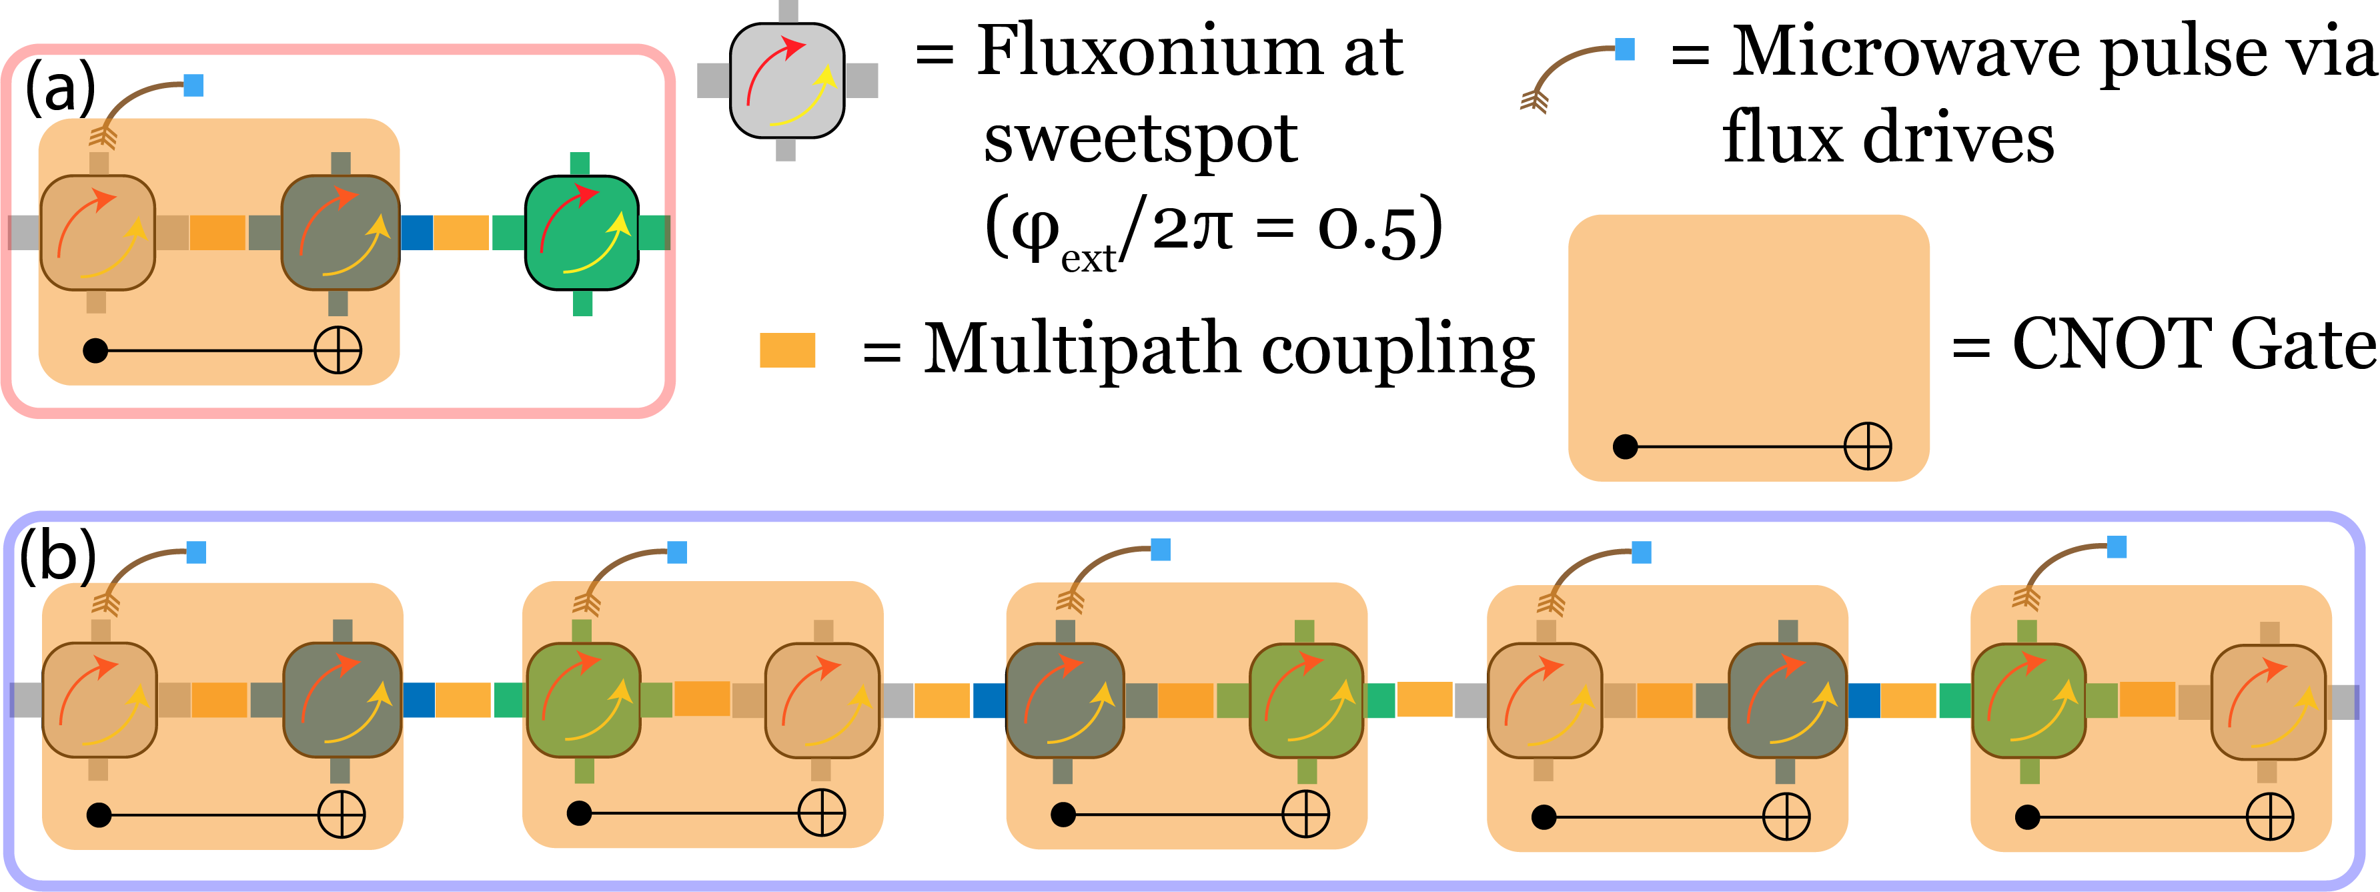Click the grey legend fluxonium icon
pos(787,81)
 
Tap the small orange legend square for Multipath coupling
pos(787,350)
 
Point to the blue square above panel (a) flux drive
pos(193,85)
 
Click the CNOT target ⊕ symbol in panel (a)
pos(338,350)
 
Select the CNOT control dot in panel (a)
pos(95,350)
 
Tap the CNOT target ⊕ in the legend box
pos(1867,448)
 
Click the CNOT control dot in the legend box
pos(1625,448)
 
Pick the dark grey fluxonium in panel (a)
pos(340,233)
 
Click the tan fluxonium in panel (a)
pos(97,233)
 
